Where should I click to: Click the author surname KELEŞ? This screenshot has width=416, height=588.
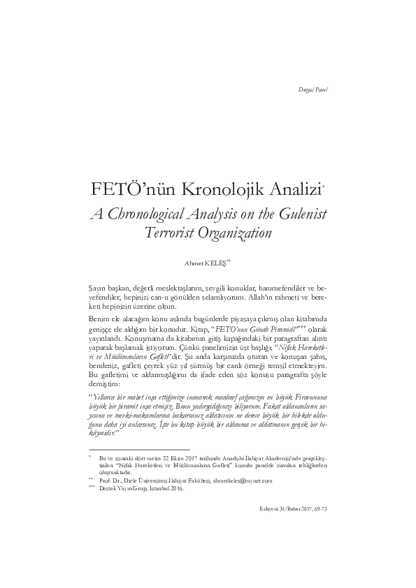point(215,263)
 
